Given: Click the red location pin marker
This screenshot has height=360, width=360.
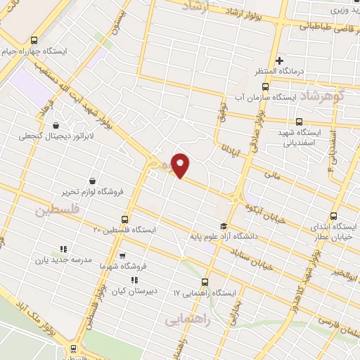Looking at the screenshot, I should (x=181, y=165).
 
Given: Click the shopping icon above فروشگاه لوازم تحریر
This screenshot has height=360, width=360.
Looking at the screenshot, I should (x=92, y=181).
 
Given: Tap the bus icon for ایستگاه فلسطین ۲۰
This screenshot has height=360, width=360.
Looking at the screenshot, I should (x=125, y=219).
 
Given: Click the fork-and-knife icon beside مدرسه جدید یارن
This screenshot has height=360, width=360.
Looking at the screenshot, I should (x=63, y=249).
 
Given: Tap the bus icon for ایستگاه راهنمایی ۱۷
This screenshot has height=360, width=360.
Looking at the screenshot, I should (x=205, y=281).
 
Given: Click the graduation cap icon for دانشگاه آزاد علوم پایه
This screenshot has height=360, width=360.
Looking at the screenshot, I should (x=224, y=226).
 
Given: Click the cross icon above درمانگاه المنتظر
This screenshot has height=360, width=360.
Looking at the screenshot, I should (x=280, y=60).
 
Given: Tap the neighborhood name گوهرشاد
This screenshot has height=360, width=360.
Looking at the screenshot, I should (x=326, y=96).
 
